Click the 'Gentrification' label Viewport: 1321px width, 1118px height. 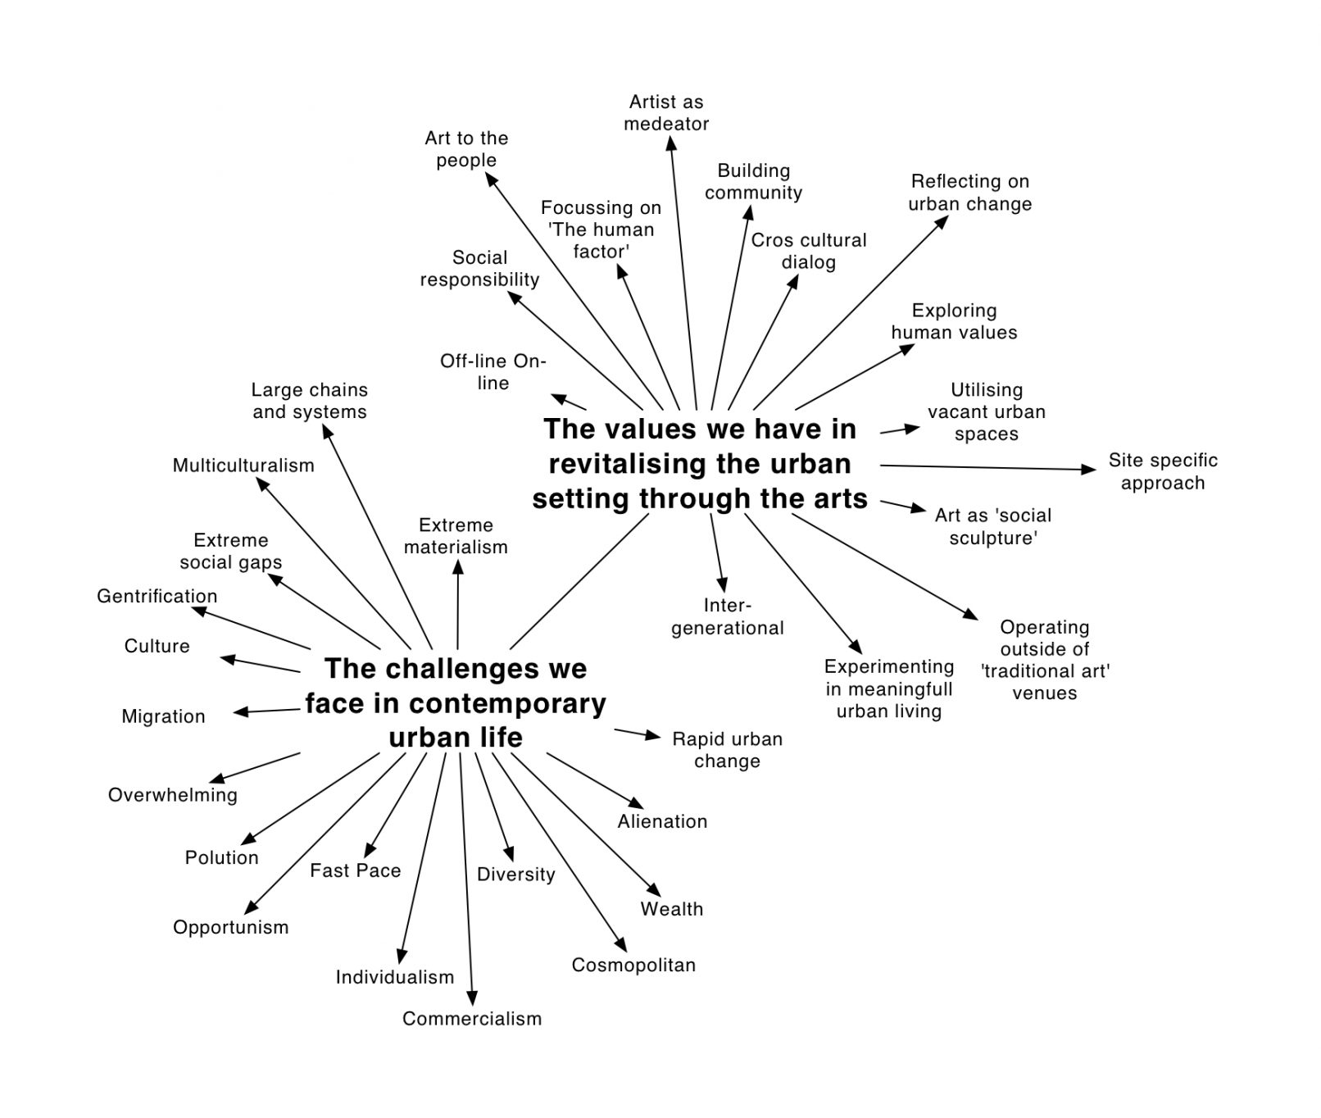pyautogui.click(x=157, y=596)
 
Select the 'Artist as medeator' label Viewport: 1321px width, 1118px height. pyautogui.click(x=666, y=113)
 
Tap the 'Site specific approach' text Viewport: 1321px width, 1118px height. pyautogui.click(x=1163, y=471)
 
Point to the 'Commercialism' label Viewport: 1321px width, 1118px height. pyautogui.click(x=472, y=1019)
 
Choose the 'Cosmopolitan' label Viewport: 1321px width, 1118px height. pyautogui.click(x=633, y=965)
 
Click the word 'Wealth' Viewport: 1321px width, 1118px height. pyautogui.click(x=672, y=909)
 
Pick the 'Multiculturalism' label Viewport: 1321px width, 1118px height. pyautogui.click(x=243, y=466)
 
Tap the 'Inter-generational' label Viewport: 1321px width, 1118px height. pyautogui.click(x=728, y=617)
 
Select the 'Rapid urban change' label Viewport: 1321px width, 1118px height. pyautogui.click(x=727, y=750)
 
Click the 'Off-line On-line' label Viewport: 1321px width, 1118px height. pyautogui.click(x=493, y=372)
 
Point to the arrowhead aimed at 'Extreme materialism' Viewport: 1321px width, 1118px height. pyautogui.click(x=458, y=566)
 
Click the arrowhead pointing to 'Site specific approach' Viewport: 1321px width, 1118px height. pyautogui.click(x=1089, y=470)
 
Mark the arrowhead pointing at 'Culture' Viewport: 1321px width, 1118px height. pyautogui.click(x=227, y=659)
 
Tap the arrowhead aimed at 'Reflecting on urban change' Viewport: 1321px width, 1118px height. pyautogui.click(x=942, y=221)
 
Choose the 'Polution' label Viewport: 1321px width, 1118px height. pyautogui.click(x=221, y=857)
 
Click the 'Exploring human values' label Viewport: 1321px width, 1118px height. pyautogui.click(x=954, y=321)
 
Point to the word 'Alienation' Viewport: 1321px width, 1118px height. pyautogui.click(x=662, y=821)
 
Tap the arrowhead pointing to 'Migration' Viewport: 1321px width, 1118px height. pyautogui.click(x=240, y=712)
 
